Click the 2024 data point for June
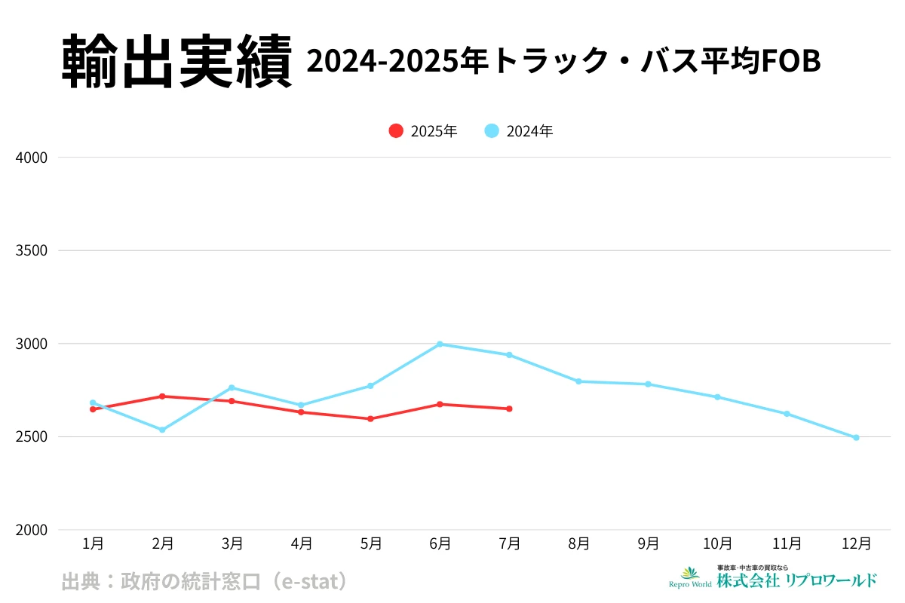(440, 344)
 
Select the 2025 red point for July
(509, 409)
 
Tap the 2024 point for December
(856, 437)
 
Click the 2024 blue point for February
(162, 430)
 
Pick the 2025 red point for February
(162, 396)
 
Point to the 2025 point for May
(370, 418)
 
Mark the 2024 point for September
(648, 384)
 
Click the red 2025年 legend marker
(396, 130)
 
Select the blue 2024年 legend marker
(492, 130)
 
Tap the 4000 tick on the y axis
(31, 158)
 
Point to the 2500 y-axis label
(31, 437)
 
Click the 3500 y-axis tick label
(31, 251)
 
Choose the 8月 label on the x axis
(578, 543)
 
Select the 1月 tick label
(93, 543)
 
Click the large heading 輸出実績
(176, 63)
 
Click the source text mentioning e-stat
(204, 581)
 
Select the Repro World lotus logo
(690, 574)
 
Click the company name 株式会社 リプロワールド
(796, 580)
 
